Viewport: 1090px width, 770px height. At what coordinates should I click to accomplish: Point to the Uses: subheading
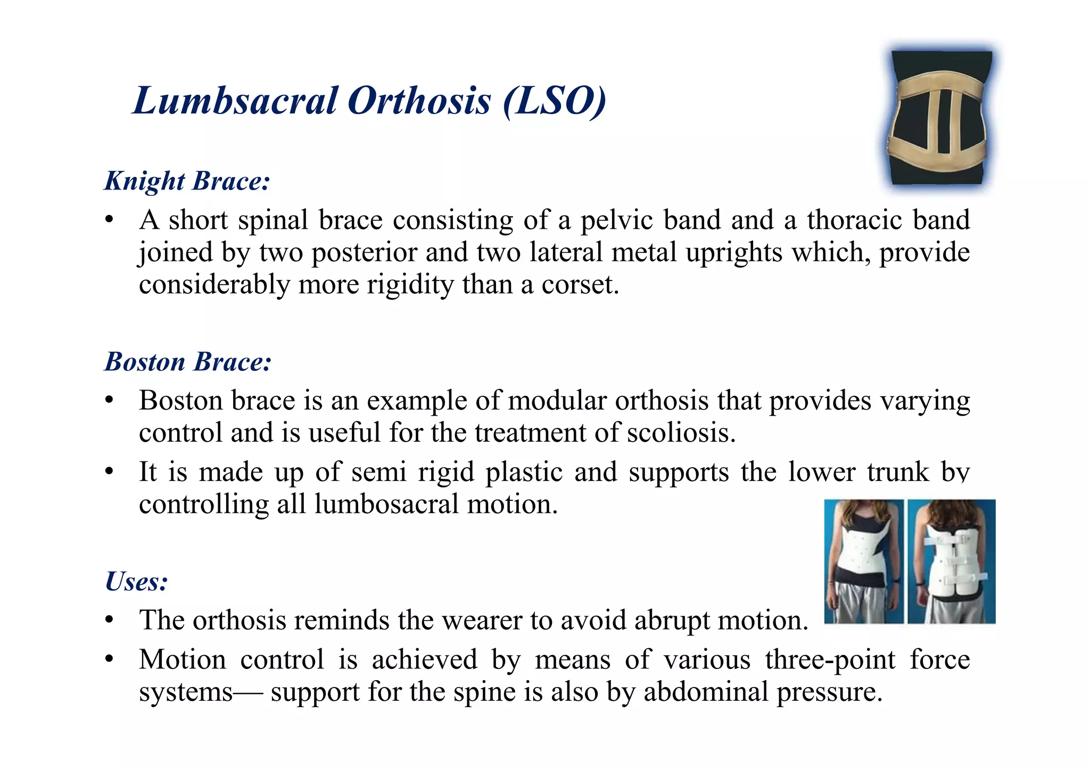point(137,581)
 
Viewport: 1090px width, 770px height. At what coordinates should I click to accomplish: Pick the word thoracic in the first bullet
point(855,220)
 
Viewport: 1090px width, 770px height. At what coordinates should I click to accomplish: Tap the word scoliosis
point(681,433)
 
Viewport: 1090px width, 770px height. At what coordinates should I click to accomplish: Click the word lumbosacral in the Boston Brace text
point(386,504)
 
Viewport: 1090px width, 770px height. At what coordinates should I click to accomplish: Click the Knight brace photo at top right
point(940,118)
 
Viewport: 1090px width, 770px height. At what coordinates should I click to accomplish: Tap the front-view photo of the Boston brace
point(863,561)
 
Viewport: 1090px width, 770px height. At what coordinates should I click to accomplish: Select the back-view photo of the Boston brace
point(952,561)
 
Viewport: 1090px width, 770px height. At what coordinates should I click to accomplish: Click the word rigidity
point(410,285)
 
